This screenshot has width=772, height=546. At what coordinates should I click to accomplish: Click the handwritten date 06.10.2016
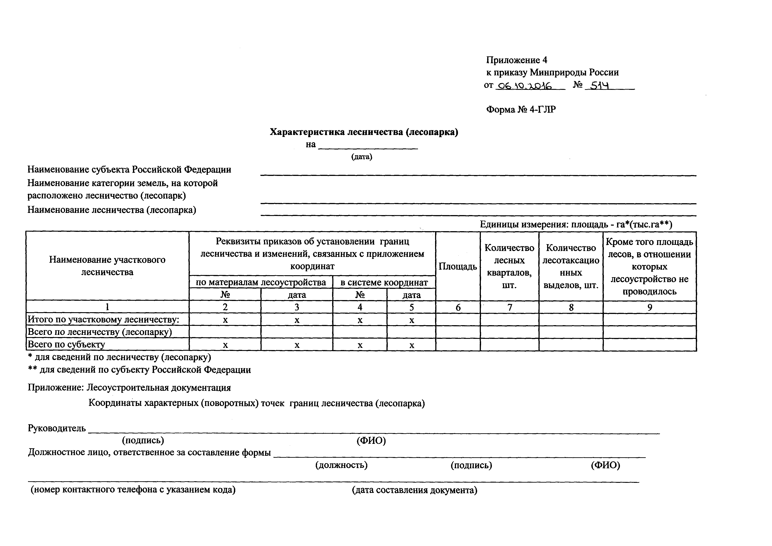[524, 86]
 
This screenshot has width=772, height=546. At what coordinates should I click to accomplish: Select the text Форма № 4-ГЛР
[521, 110]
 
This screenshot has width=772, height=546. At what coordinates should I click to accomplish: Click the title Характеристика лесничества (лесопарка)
[364, 132]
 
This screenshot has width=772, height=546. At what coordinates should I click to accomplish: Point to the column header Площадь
[458, 266]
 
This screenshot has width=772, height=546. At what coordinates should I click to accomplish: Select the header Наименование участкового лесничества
[107, 266]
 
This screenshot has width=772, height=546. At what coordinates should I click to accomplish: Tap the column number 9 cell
[650, 307]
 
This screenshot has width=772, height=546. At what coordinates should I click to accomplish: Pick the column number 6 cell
[458, 307]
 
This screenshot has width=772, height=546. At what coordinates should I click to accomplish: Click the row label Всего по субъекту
[66, 345]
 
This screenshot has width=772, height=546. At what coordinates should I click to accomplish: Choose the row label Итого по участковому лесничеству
[103, 320]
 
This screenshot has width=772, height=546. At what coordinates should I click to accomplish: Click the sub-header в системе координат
[384, 282]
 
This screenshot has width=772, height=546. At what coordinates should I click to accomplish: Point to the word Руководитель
[57, 428]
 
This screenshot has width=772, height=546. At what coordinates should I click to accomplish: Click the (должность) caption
[341, 465]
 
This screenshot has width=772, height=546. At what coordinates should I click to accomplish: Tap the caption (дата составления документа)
[415, 490]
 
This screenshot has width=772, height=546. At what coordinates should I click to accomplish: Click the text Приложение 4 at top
[517, 60]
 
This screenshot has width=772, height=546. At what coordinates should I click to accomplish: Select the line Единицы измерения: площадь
[576, 224]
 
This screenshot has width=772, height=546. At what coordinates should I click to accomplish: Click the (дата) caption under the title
[362, 157]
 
